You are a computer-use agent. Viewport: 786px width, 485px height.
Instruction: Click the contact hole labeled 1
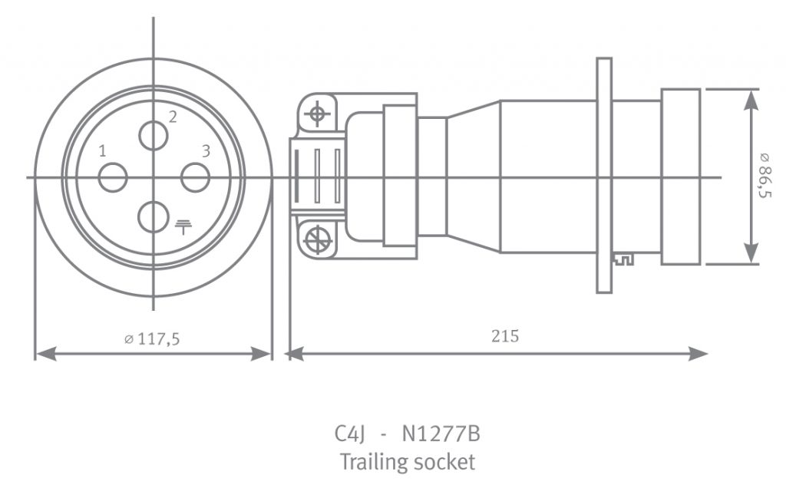tap(113, 177)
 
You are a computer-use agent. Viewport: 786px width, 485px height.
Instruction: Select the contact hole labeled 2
tap(154, 135)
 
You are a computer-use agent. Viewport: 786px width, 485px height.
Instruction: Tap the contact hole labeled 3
tap(195, 177)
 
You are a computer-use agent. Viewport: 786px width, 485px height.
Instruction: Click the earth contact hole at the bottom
tap(154, 217)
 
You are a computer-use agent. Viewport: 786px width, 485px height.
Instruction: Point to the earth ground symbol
tap(183, 227)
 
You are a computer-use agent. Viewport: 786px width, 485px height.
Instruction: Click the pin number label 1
tap(103, 151)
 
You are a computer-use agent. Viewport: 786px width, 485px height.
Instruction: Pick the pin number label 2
tap(173, 117)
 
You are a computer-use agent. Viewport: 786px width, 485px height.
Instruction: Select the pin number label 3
tap(206, 151)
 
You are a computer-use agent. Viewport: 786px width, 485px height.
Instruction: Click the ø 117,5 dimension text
tap(152, 339)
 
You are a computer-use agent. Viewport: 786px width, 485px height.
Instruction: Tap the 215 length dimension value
tap(505, 336)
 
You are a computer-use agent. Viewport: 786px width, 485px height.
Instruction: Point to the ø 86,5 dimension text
tap(765, 176)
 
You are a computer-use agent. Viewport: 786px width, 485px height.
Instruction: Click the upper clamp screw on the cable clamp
tap(317, 114)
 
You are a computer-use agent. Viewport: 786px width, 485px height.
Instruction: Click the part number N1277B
tap(441, 434)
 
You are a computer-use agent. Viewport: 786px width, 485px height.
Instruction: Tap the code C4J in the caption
tap(349, 434)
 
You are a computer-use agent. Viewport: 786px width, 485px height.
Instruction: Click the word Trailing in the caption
tap(372, 461)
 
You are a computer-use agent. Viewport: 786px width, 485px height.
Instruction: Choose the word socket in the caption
tap(443, 462)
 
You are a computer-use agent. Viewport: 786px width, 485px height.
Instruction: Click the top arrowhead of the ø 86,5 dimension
tap(751, 101)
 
